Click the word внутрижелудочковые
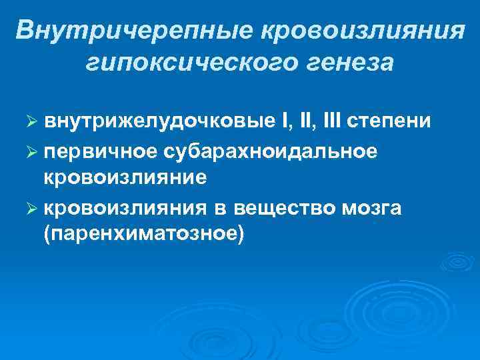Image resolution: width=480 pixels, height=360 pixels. click(158, 123)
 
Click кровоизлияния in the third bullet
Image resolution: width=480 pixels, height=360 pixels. click(125, 208)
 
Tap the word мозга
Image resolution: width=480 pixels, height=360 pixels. click(372, 209)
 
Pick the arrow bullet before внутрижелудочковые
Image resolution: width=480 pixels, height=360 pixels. click(29, 124)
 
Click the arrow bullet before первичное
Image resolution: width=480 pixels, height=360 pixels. click(29, 153)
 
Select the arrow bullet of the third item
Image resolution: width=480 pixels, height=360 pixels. click(29, 209)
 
